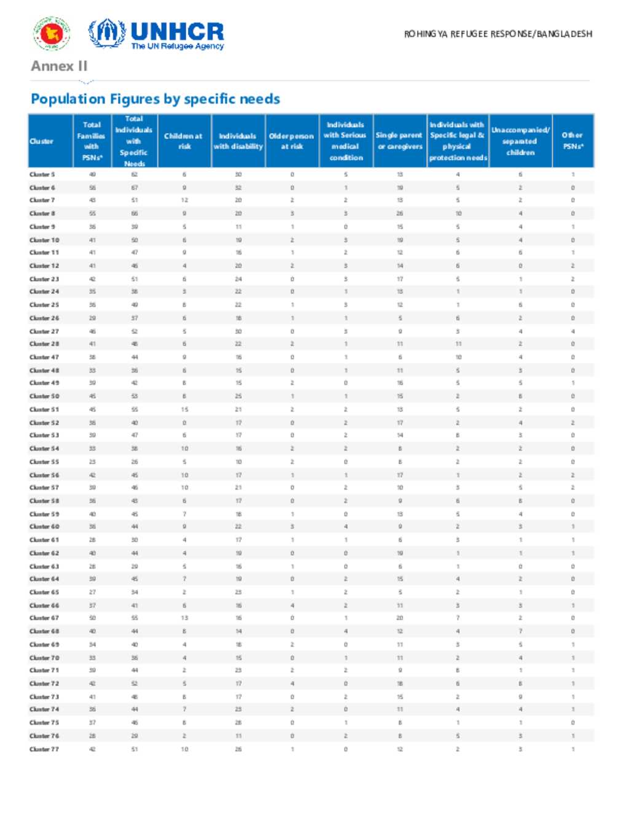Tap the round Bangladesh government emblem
(52, 33)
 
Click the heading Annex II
(59, 66)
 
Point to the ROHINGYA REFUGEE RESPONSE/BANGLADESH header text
(498, 34)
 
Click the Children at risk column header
(184, 141)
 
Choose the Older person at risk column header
(292, 141)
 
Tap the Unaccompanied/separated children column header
(520, 141)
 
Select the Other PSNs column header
(572, 141)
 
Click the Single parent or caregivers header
(399, 141)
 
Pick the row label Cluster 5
(42, 175)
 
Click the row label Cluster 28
(44, 344)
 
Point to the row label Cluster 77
(44, 749)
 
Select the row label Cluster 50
(44, 396)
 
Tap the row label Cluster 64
(44, 579)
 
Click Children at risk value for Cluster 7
(184, 201)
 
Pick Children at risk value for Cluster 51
(184, 409)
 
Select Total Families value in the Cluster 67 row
(92, 618)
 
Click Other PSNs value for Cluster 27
(572, 331)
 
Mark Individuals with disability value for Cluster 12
(238, 266)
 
